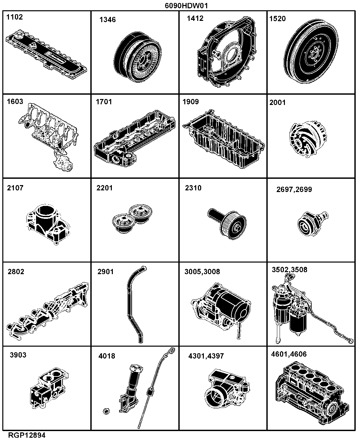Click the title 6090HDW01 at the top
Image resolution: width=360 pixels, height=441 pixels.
click(x=186, y=6)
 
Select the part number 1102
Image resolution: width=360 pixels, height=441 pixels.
click(x=15, y=17)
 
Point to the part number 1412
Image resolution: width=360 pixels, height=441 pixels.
click(x=195, y=19)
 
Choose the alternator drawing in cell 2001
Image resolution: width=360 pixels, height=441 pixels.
click(x=308, y=139)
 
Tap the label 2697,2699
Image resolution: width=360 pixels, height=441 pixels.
click(x=294, y=189)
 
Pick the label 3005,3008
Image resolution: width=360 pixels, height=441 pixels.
click(x=202, y=271)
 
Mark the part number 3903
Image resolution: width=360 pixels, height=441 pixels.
click(x=18, y=355)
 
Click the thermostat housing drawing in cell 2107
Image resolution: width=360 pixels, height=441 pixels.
click(x=48, y=224)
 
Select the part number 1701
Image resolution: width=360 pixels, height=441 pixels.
click(x=104, y=102)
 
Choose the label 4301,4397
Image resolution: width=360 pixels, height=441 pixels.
click(x=206, y=356)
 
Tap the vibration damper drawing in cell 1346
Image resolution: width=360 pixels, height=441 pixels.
click(x=137, y=57)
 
